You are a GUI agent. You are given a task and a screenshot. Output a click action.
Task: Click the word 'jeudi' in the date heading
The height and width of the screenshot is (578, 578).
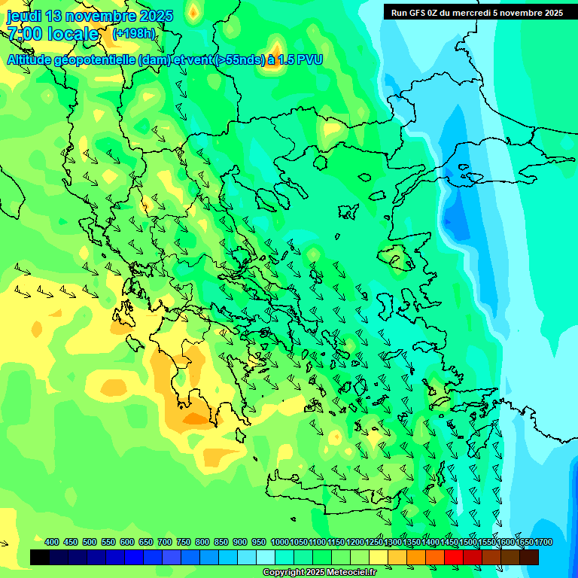[24, 16]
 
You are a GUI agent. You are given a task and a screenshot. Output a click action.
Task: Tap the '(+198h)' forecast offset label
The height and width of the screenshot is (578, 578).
[133, 34]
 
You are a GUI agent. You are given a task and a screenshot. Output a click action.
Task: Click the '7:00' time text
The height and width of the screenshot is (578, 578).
[24, 34]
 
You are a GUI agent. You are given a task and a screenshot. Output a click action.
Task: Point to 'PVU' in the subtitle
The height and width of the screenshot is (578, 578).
[309, 59]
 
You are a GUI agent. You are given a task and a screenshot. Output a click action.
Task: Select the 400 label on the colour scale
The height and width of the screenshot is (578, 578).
[52, 542]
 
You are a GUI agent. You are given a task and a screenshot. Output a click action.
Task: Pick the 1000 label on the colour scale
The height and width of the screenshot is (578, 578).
[279, 542]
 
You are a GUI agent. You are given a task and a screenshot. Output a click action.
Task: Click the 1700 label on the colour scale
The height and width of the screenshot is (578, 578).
[543, 542]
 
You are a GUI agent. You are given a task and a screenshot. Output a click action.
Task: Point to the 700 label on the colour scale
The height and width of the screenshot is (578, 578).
[165, 542]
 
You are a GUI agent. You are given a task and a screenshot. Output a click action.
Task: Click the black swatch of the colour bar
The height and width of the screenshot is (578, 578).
[40, 557]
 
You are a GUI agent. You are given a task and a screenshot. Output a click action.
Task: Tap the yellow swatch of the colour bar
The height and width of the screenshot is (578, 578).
[379, 557]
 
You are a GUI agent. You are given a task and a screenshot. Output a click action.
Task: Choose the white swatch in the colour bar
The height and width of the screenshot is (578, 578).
[266, 557]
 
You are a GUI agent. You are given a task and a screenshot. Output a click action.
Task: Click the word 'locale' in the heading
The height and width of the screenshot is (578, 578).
[73, 34]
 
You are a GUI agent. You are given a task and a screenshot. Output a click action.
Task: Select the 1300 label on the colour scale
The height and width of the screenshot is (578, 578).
[392, 542]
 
